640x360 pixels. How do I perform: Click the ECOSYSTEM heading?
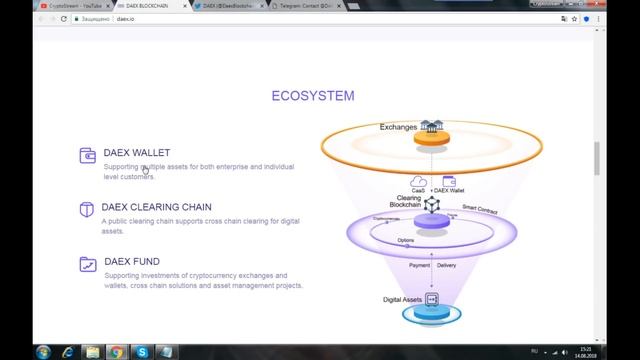[x=312, y=96]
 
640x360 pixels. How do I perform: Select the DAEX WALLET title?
[x=137, y=153]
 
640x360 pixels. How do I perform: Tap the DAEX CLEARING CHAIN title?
[x=157, y=207]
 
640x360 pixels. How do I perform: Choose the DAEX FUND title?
[x=131, y=262]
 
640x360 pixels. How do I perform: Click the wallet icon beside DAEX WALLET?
[x=87, y=154]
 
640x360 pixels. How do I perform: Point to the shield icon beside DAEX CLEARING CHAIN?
[x=87, y=209]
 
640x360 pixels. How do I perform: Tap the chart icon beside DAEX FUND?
[x=87, y=264]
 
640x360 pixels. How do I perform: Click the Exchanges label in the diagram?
[x=399, y=127]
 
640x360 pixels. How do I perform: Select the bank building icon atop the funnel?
[x=431, y=126]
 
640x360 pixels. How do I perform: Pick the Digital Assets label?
[x=403, y=300]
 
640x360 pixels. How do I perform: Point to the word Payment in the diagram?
[x=420, y=266]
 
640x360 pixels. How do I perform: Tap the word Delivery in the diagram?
[x=446, y=266]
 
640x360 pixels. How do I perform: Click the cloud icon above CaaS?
[x=419, y=181]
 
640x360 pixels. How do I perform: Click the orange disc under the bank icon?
[x=431, y=140]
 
